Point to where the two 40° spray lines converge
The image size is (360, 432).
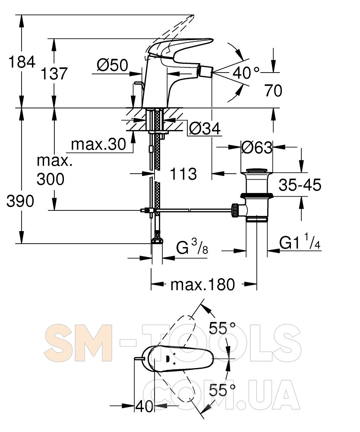coord(213,73)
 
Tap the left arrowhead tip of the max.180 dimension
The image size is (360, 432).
coord(151,284)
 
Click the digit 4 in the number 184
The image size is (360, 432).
coord(30,62)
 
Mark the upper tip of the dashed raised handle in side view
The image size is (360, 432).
coord(193,15)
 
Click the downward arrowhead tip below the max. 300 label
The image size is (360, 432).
coord(54,210)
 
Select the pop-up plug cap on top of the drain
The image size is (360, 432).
coord(256,171)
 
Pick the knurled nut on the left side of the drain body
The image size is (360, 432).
coord(236,210)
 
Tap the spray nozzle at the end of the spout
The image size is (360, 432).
coord(207,73)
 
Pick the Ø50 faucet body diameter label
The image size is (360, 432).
coord(113,65)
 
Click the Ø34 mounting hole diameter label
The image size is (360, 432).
coord(205,128)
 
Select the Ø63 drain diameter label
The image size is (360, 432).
coord(257,147)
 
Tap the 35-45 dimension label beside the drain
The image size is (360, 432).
coord(300,184)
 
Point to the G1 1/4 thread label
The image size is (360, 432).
coord(300,242)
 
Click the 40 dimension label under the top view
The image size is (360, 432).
coord(144,406)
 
